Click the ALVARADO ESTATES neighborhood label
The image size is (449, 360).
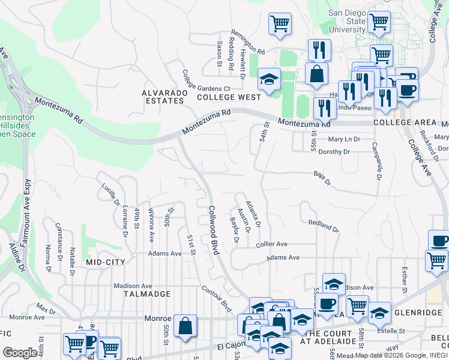coord(163,97)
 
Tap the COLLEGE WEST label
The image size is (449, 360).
coord(229,97)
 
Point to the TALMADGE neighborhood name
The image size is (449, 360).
coord(147,294)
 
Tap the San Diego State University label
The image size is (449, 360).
coord(347,22)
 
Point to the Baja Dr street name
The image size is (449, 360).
coord(322,178)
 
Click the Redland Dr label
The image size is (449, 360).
coord(324,226)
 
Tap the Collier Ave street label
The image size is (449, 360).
coord(272,245)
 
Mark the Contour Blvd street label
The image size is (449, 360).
coord(217,298)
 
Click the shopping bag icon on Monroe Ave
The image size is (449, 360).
coord(185,326)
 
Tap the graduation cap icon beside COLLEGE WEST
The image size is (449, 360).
coord(270,79)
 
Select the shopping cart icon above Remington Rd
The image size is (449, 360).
coord(280,23)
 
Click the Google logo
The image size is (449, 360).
coord(20,353)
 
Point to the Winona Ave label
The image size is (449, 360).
coord(151,225)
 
